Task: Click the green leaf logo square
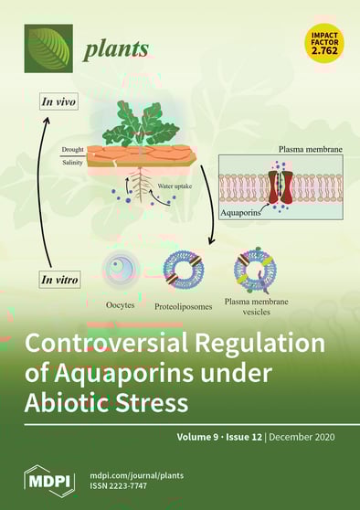[48, 48]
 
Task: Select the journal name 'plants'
[111, 51]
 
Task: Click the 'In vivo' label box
[58, 101]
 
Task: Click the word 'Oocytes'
[122, 303]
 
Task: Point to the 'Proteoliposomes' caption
[183, 307]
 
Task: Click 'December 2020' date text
[311, 438]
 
